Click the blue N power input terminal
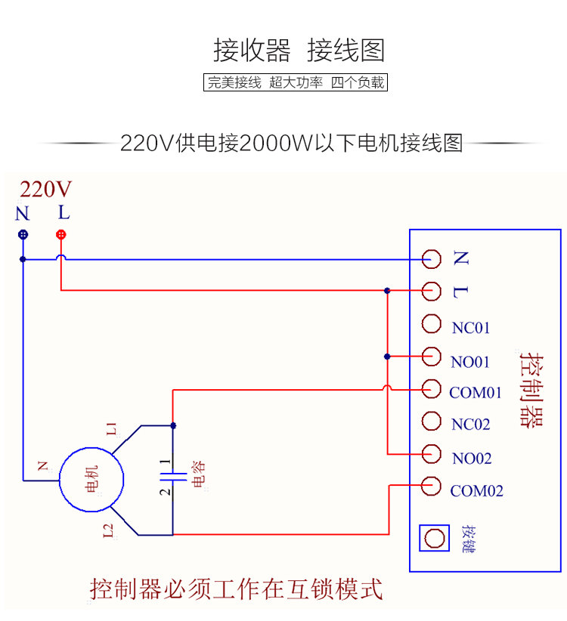tap(23, 234)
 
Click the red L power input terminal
tap(61, 234)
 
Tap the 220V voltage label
tap(46, 189)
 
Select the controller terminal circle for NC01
tap(432, 323)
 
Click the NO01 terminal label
tap(471, 362)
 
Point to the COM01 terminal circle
tap(432, 388)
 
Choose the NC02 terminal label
tap(471, 425)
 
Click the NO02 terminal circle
tap(432, 453)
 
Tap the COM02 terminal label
tap(477, 491)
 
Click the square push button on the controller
tap(434, 538)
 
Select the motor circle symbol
tap(91, 479)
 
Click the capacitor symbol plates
tap(173, 476)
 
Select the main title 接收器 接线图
tap(299, 51)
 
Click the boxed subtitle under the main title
tap(296, 82)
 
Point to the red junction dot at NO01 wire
tap(387, 356)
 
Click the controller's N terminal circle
tap(432, 258)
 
